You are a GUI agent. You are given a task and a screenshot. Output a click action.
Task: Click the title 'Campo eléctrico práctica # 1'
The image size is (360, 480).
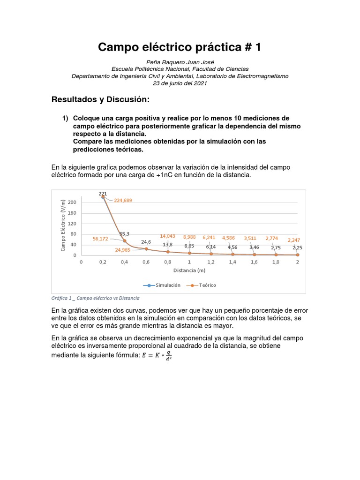[x=180, y=47]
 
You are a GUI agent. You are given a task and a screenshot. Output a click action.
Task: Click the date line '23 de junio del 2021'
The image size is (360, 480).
[x=180, y=83]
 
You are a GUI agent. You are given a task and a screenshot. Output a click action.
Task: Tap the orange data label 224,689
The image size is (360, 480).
[x=123, y=200]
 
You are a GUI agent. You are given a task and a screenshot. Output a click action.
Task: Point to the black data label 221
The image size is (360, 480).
[x=102, y=193]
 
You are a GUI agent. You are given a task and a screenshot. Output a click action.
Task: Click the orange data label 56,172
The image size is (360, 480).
[x=100, y=239]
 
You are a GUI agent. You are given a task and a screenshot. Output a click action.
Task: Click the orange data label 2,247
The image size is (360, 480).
[x=295, y=240]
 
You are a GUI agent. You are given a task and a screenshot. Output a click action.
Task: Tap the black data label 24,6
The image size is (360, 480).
[x=146, y=242]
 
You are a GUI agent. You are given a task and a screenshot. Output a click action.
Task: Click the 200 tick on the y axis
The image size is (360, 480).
[x=71, y=202]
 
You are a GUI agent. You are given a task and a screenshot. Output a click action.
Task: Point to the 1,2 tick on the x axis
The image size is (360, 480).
[x=211, y=262]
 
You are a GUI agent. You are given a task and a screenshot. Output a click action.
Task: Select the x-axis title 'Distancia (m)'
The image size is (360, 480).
[x=189, y=270]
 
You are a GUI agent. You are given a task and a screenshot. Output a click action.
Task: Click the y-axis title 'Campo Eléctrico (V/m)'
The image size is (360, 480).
[x=63, y=225]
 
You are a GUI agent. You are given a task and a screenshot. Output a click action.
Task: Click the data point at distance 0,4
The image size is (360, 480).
[x=124, y=241]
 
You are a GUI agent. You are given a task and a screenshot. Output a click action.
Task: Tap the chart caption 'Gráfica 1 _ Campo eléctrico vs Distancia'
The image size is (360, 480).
[x=95, y=298]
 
